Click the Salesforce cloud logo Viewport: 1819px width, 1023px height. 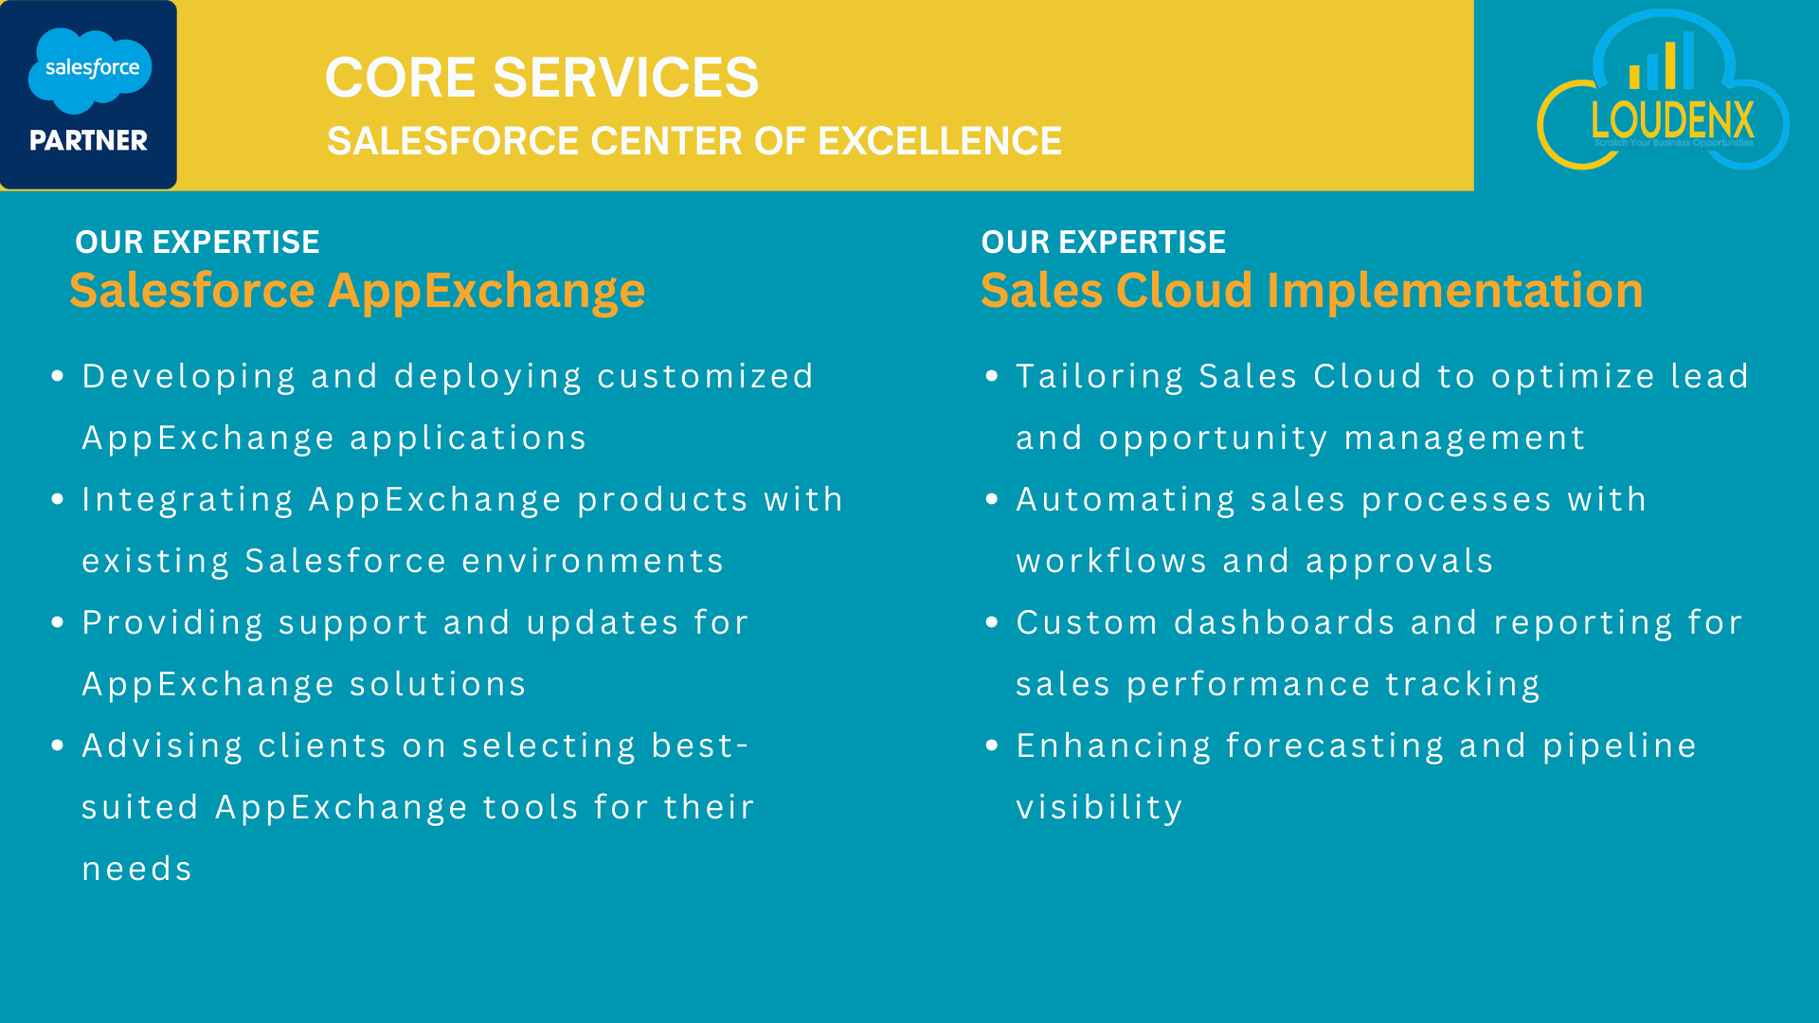click(x=90, y=70)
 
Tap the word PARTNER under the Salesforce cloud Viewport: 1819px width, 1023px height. click(x=88, y=141)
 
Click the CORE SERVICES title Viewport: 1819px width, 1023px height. click(x=542, y=78)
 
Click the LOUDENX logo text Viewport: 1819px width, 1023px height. click(x=1672, y=120)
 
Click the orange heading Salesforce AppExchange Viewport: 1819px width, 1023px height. click(x=357, y=291)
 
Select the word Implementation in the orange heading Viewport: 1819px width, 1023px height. click(x=1454, y=291)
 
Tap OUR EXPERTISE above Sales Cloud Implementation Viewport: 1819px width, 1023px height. click(x=1104, y=242)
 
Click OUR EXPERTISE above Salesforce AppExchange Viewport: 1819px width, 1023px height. click(x=197, y=242)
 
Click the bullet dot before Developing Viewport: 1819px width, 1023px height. click(x=58, y=376)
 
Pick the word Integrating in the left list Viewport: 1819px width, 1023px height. click(x=188, y=500)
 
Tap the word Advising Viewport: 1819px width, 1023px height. click(x=162, y=746)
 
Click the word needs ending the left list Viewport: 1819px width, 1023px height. click(x=137, y=870)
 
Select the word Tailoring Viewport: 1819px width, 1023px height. click(x=1100, y=377)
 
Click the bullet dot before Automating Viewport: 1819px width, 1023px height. click(x=992, y=499)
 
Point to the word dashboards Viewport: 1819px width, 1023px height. click(x=1285, y=622)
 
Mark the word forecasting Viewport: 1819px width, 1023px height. click(x=1335, y=746)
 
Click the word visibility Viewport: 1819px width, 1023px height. click(x=1099, y=808)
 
